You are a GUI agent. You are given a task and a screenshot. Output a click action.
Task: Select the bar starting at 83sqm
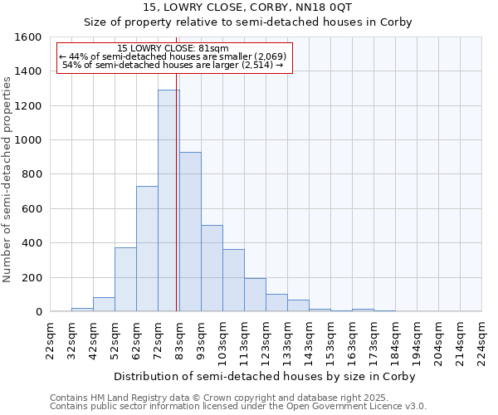point(190,232)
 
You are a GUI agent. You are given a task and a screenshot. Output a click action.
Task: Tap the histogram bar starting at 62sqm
point(147,249)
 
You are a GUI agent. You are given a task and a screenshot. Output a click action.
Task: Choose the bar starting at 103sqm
point(233,281)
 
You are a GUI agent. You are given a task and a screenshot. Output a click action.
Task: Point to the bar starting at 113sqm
point(255,295)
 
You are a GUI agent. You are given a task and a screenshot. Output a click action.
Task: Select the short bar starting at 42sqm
point(104,305)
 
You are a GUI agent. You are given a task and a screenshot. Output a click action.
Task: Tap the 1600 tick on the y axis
point(29,37)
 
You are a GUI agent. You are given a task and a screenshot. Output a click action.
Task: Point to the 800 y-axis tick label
point(32,174)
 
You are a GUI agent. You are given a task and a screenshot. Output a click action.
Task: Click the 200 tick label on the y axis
point(32,277)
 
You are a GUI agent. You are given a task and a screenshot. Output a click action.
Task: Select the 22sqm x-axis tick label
point(50,339)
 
